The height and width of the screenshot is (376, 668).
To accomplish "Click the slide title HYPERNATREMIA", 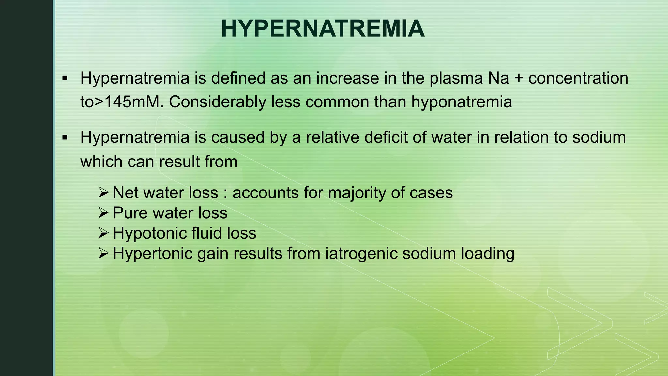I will (323, 29).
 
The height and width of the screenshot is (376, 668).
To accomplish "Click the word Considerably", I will (218, 102).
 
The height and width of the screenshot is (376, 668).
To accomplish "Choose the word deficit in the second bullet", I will (386, 137).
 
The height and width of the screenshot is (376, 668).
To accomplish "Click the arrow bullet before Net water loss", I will (103, 193).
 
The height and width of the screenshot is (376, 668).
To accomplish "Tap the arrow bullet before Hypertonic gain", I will (103, 253).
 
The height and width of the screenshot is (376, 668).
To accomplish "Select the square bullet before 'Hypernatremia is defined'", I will (65, 79).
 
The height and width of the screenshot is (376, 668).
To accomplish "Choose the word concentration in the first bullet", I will (578, 79).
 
